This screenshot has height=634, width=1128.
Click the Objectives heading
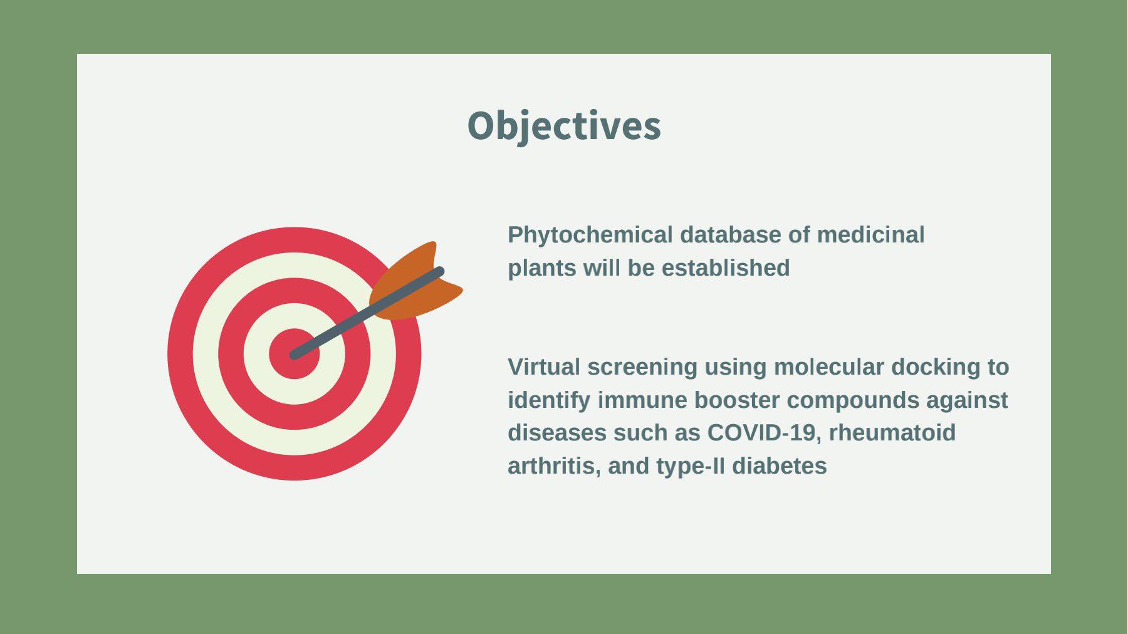click(x=564, y=127)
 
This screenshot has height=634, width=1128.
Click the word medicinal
click(x=870, y=235)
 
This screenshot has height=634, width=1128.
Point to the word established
click(x=726, y=268)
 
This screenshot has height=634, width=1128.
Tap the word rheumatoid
click(x=892, y=433)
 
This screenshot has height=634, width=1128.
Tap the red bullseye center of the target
click(x=294, y=354)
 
